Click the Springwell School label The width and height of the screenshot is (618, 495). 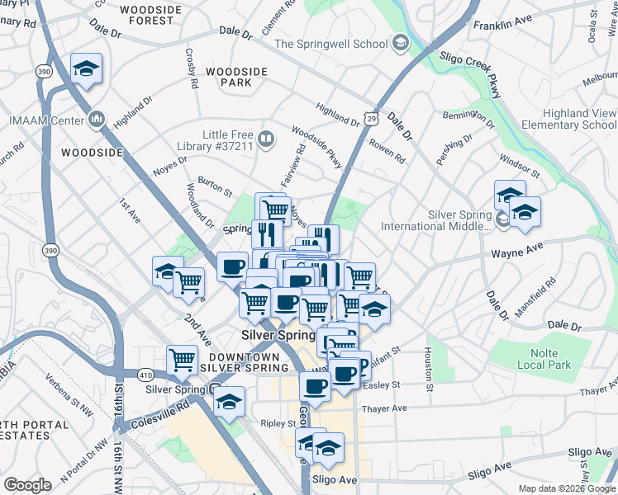(330, 44)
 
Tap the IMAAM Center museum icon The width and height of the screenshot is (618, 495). (97, 120)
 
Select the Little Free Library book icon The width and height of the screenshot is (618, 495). (265, 138)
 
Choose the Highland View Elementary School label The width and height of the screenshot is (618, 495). (568, 119)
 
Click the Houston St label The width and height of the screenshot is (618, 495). (429, 368)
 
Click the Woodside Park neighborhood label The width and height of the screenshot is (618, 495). (237, 78)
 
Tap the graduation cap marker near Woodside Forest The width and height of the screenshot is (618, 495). (86, 72)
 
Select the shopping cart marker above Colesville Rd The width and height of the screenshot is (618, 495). (182, 360)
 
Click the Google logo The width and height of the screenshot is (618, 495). (27, 485)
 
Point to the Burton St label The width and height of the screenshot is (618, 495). (215, 186)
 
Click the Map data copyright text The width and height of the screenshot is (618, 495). (567, 488)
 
